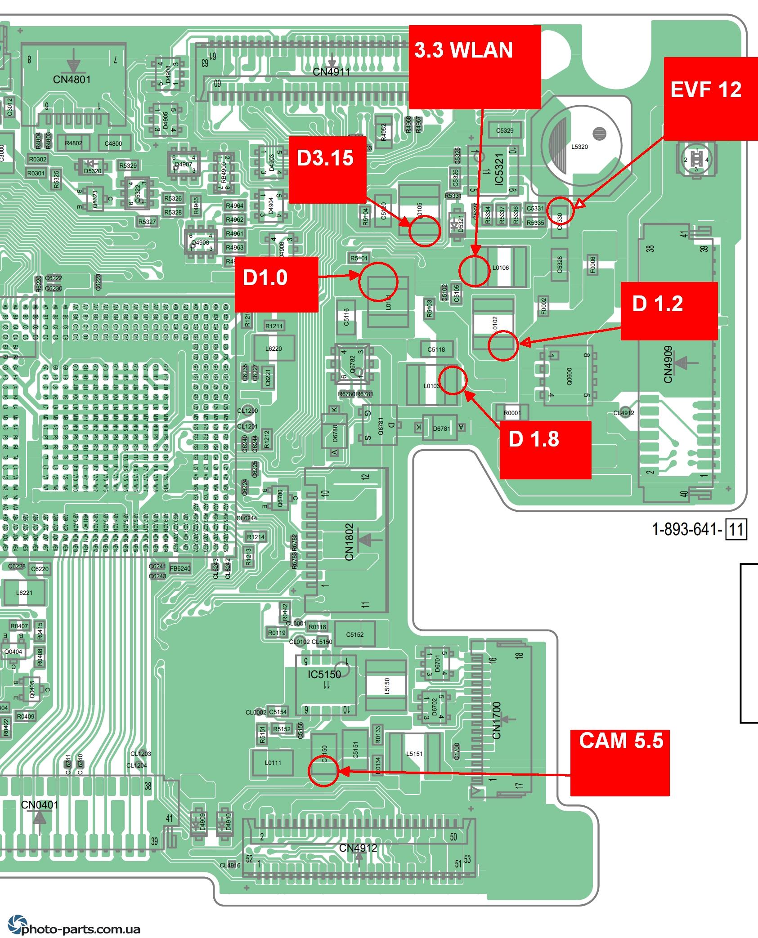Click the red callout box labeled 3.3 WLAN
click(x=475, y=67)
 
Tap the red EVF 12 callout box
click(x=711, y=98)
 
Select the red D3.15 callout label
click(x=327, y=169)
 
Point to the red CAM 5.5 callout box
click(x=619, y=762)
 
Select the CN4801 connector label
click(x=72, y=80)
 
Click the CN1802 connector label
click(x=350, y=542)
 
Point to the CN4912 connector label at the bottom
click(x=358, y=848)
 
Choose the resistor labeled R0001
click(x=512, y=413)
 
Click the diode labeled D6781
click(x=441, y=428)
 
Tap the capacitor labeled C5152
click(x=355, y=634)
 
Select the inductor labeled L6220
click(x=274, y=348)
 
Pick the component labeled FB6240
click(x=180, y=568)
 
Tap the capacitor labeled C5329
click(x=505, y=130)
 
